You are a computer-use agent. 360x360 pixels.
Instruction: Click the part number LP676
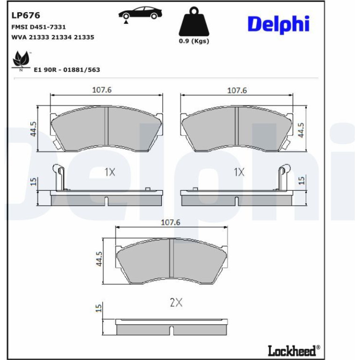click(x=26, y=15)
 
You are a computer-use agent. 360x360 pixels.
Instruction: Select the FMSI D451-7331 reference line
click(x=38, y=27)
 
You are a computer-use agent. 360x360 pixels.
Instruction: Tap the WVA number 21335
click(x=84, y=37)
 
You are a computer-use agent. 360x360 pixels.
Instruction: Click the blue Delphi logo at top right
click(x=279, y=25)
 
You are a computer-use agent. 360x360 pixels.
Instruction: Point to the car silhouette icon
click(x=140, y=14)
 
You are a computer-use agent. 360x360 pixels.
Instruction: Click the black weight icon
click(x=194, y=22)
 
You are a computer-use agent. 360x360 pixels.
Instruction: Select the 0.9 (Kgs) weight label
click(x=194, y=41)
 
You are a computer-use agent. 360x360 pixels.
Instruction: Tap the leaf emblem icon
click(x=21, y=61)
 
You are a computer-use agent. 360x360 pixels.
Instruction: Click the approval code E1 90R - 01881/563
click(x=67, y=70)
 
